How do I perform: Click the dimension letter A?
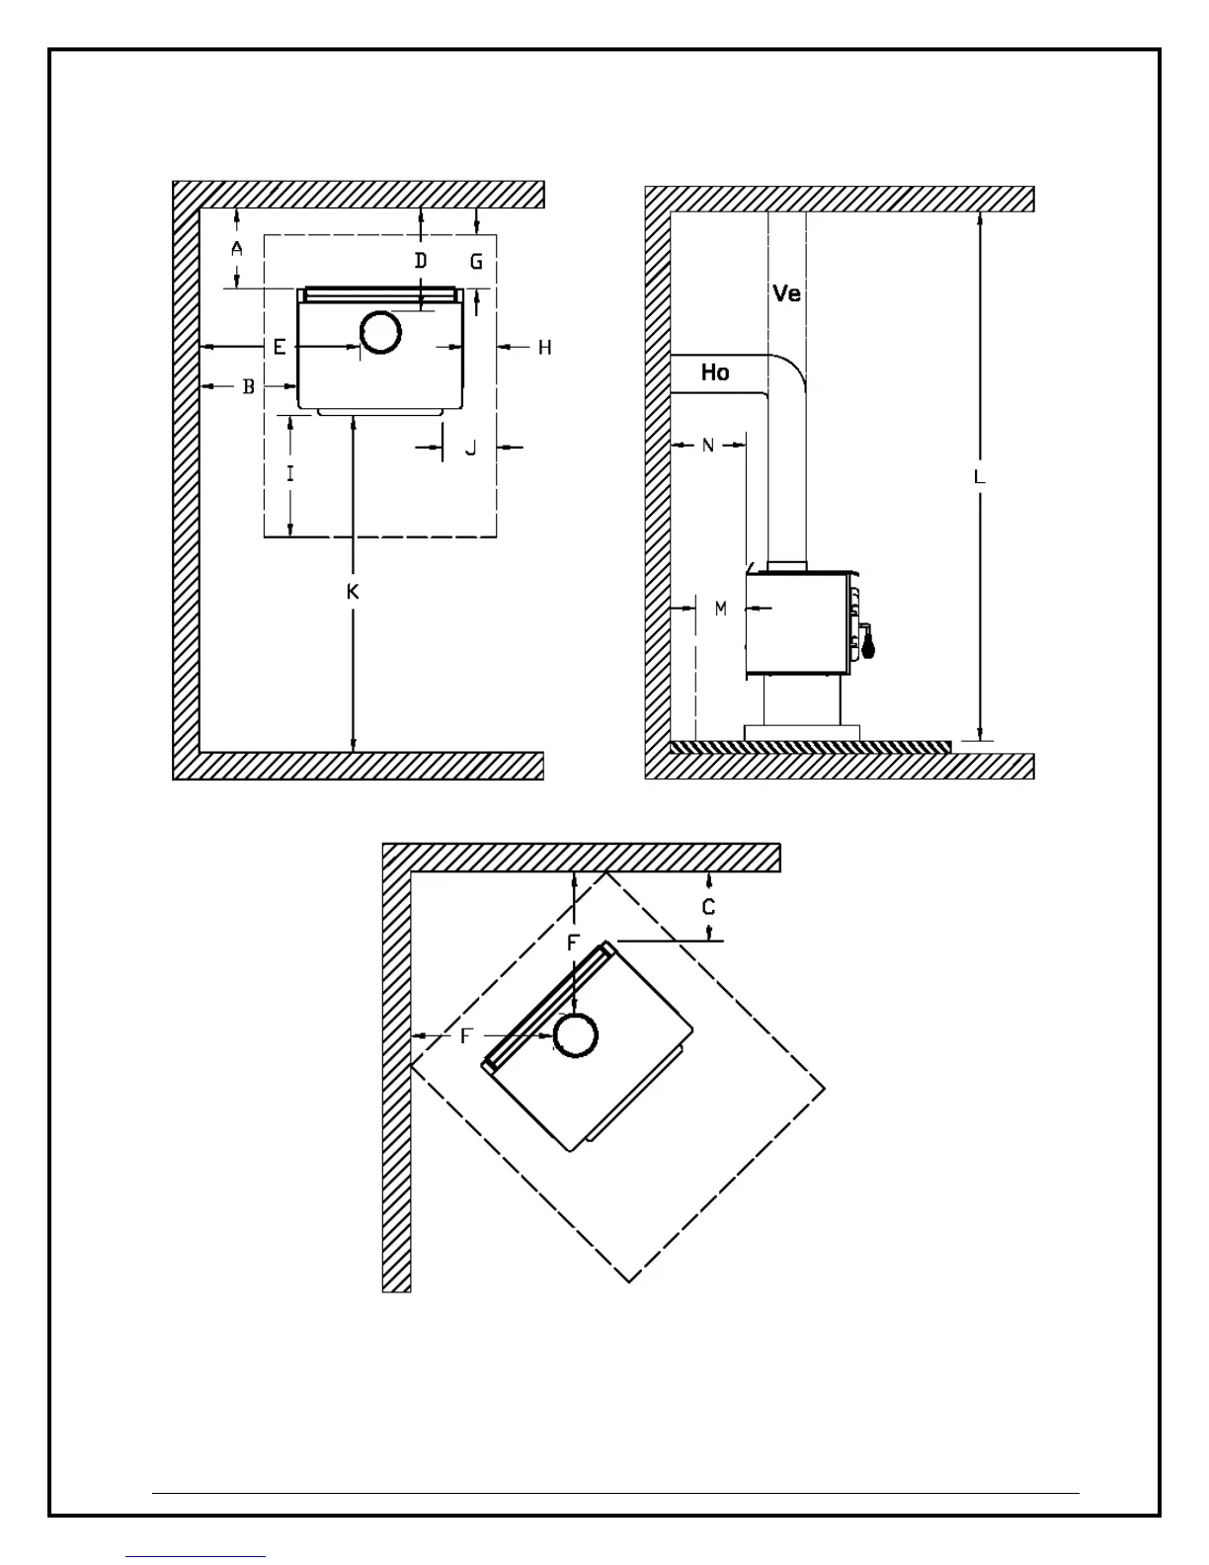237,249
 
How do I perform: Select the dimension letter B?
249,386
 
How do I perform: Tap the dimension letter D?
421,261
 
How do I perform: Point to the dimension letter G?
477,262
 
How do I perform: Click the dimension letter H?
544,347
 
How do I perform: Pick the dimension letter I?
289,474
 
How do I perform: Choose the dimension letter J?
471,448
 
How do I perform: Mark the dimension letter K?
353,592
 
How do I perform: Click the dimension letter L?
979,477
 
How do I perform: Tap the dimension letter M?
721,609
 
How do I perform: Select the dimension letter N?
708,446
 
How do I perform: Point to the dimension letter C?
709,907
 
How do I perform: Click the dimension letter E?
280,347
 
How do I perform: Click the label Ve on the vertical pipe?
786,293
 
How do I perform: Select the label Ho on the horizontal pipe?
715,372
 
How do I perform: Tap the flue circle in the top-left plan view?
380,333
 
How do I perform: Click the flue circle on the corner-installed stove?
576,1036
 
